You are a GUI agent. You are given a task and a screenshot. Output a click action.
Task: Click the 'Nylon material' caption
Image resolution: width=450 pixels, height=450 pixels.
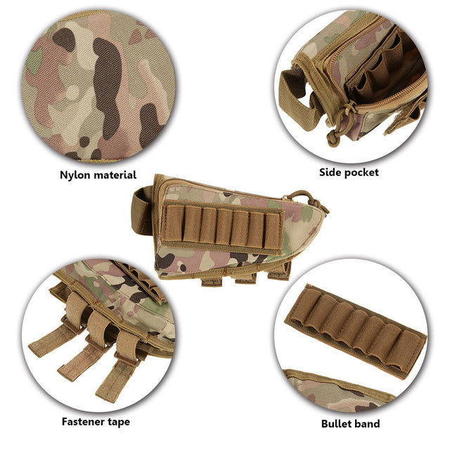pos(98,175)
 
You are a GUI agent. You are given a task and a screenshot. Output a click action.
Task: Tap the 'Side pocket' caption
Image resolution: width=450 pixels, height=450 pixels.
pos(349,172)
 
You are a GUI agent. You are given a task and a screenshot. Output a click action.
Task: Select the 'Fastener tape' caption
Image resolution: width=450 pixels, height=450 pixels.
pos(95,422)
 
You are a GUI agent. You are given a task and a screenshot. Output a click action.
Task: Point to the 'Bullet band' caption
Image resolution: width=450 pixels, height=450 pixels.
pos(350,423)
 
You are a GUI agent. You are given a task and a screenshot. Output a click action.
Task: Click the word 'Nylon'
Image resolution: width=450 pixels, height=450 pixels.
pos(75,175)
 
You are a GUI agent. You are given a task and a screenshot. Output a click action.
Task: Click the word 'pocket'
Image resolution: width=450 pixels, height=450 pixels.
pos(361,172)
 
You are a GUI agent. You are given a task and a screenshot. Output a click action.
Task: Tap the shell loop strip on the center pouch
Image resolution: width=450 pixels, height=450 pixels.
pos(224,227)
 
